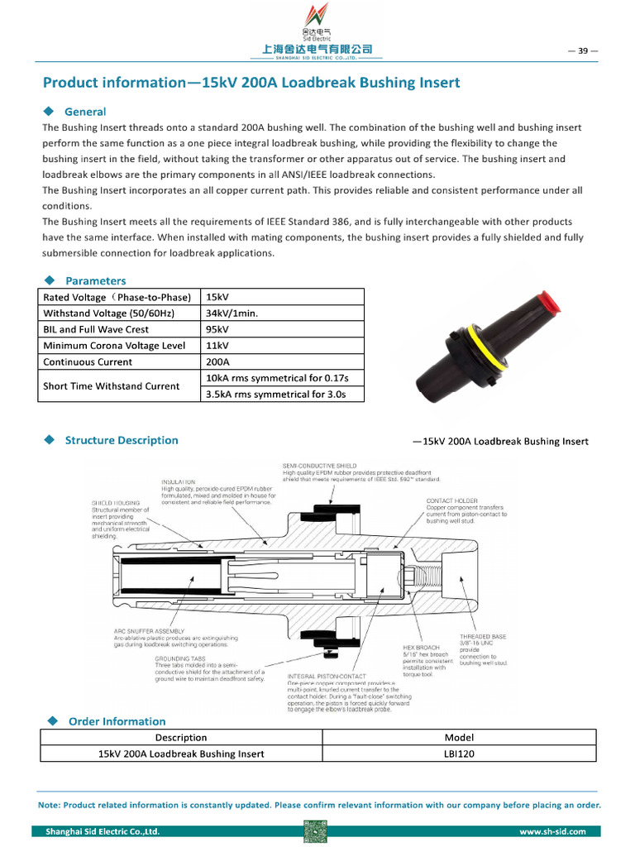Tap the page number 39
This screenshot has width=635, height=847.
(582, 50)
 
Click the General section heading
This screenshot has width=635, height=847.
(85, 112)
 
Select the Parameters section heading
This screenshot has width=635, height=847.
(95, 280)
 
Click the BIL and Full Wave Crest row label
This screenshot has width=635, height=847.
(96, 329)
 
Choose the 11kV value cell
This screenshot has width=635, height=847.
(217, 345)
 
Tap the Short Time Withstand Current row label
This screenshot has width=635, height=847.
(111, 385)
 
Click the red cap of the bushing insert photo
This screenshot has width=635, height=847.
(547, 303)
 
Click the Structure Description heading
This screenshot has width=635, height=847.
(122, 440)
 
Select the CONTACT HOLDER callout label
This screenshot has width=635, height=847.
(451, 500)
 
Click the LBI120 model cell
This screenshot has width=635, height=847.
(460, 754)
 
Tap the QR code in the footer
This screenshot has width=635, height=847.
(316, 831)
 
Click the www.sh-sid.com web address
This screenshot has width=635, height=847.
(552, 831)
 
